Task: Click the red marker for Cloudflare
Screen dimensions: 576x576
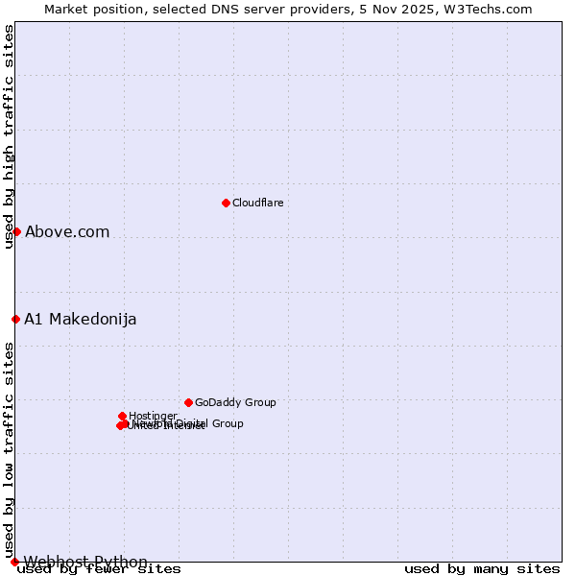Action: (226, 203)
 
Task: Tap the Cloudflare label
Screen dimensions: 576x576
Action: (257, 203)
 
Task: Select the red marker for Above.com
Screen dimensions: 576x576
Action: (16, 231)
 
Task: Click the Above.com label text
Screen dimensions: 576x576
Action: (67, 231)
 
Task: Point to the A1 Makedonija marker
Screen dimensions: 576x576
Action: (15, 319)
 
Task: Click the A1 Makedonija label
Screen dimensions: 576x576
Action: (81, 319)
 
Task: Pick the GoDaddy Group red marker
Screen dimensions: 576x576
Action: (188, 402)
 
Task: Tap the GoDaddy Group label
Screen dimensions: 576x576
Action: (235, 402)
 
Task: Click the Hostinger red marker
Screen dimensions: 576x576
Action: (123, 416)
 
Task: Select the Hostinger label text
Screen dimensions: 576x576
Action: (153, 416)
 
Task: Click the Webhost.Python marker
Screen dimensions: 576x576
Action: (14, 562)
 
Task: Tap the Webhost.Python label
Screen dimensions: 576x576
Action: (85, 562)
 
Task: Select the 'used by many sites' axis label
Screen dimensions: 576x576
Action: (482, 569)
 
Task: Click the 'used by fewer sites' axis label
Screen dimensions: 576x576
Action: (99, 569)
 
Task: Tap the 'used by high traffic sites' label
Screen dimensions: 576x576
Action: (9, 136)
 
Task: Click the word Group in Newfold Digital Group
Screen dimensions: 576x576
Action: (227, 423)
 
